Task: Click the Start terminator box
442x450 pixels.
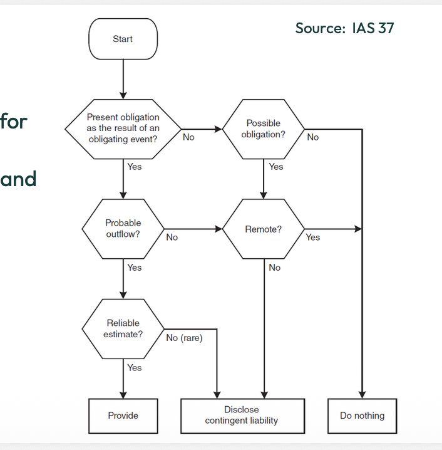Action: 123,39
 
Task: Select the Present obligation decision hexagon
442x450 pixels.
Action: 123,128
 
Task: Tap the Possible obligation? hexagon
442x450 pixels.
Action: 264,129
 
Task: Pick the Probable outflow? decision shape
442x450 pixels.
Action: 123,229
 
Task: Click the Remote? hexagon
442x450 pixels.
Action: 264,229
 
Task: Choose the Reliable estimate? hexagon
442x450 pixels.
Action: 123,328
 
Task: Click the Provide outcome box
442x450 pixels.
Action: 123,416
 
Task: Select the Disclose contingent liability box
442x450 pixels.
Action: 242,416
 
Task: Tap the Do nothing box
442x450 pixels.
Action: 362,416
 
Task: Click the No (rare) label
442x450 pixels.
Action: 184,338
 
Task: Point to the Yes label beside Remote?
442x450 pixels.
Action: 312,238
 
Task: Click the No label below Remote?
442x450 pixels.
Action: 274,268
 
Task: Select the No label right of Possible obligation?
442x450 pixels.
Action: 312,137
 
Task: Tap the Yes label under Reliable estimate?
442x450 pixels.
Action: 134,368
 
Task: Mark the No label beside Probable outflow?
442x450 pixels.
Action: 172,238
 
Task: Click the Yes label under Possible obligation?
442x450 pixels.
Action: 275,167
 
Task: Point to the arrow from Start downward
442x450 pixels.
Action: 123,78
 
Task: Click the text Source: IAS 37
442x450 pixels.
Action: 344,28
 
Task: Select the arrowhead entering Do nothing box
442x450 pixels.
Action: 362,394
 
